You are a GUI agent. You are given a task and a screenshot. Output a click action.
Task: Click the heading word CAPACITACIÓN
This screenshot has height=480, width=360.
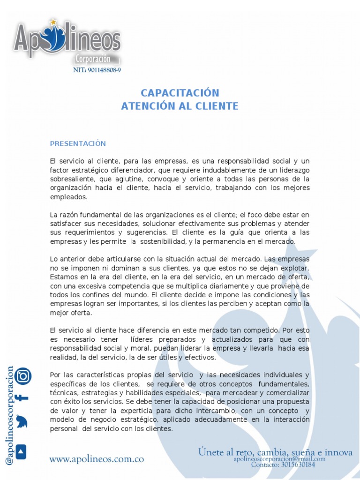180,93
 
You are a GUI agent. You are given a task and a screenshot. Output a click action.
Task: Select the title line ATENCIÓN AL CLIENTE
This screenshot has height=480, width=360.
180,106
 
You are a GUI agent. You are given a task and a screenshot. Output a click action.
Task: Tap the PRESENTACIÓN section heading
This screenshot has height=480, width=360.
78,143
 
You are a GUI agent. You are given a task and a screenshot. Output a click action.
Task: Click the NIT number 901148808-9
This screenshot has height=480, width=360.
97,70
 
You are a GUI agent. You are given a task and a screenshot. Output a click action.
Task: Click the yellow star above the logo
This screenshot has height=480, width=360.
53,22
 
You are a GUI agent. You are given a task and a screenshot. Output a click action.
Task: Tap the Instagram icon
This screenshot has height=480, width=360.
22,375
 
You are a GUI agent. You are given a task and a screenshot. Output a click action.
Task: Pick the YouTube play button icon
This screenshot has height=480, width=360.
22,451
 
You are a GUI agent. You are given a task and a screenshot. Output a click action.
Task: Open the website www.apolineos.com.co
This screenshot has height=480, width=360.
97,459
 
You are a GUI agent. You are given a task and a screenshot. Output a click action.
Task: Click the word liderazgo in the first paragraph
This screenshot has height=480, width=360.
292,170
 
